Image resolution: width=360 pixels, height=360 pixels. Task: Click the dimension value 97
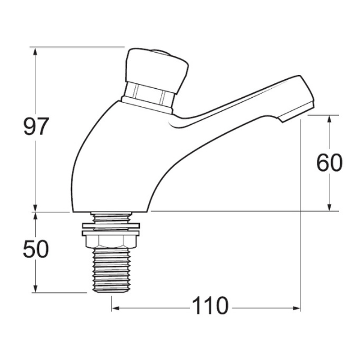(35, 127)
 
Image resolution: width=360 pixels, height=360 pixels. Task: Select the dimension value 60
(329, 163)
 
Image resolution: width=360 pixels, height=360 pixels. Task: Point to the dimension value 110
(210, 307)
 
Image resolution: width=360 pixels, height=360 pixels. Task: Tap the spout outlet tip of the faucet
(300, 108)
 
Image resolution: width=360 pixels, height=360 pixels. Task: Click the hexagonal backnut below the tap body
(112, 241)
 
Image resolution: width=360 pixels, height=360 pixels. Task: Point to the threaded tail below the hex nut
(112, 270)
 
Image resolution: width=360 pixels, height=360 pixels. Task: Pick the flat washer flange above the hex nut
(112, 226)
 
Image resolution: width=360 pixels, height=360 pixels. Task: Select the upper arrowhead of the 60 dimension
(329, 119)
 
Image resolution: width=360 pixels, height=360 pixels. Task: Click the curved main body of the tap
(120, 162)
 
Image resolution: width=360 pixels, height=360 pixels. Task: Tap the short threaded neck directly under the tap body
(112, 217)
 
